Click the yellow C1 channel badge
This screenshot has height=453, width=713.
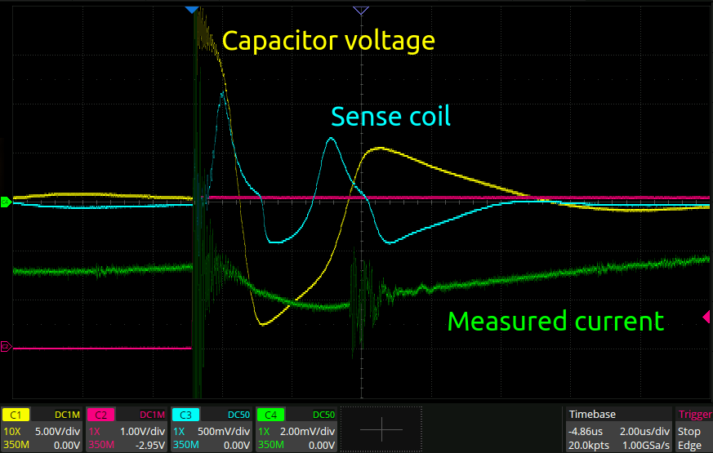pyautogui.click(x=16, y=415)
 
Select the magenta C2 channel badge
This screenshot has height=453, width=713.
pyautogui.click(x=100, y=415)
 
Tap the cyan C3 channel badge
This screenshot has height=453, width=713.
pyautogui.click(x=185, y=415)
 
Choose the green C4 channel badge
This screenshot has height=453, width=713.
pyautogui.click(x=270, y=415)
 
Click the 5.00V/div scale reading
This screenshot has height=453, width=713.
pyautogui.click(x=58, y=431)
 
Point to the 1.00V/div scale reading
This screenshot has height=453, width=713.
pyautogui.click(x=142, y=431)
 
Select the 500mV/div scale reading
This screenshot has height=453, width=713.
pyautogui.click(x=224, y=431)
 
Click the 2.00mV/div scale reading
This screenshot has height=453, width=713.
pyautogui.click(x=307, y=431)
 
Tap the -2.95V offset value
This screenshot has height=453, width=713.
pyautogui.click(x=150, y=446)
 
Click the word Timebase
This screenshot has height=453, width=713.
pyautogui.click(x=592, y=415)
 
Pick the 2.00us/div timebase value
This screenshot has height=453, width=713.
pyautogui.click(x=644, y=431)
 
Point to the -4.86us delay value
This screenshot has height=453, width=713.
pyautogui.click(x=586, y=431)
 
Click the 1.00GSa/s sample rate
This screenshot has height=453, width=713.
pyautogui.click(x=646, y=446)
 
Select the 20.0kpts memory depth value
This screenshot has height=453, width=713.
pyautogui.click(x=588, y=446)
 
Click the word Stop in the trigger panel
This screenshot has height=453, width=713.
pyautogui.click(x=688, y=431)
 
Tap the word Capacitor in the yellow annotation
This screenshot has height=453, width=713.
pyautogui.click(x=279, y=42)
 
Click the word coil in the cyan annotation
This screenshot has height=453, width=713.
pyautogui.click(x=430, y=117)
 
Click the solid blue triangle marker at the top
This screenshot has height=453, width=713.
pyautogui.click(x=192, y=10)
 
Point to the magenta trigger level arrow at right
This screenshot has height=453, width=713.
pyautogui.click(x=706, y=317)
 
